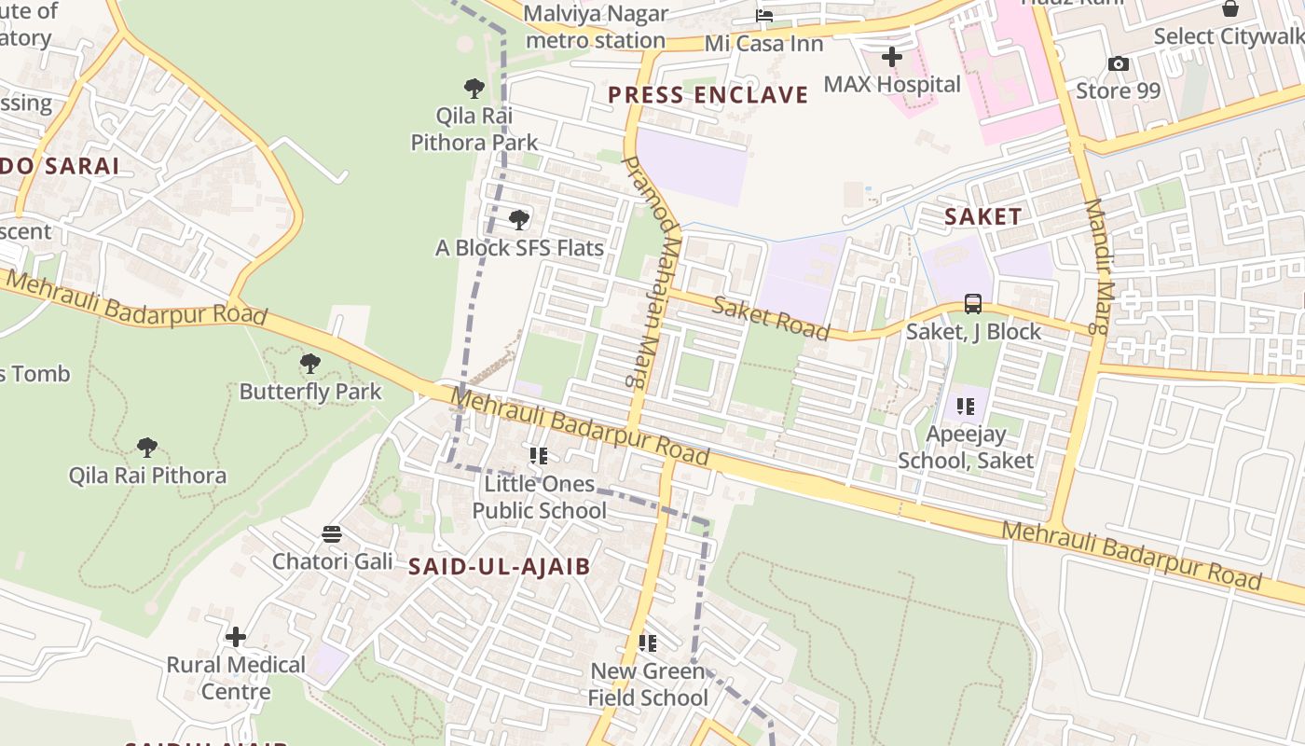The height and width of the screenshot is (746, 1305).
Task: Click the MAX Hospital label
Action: point(892,85)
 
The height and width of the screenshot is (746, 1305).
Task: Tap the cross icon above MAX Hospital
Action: point(892,57)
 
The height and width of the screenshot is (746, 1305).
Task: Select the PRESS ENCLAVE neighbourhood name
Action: point(708,95)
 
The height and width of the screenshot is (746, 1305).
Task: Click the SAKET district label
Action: point(983,217)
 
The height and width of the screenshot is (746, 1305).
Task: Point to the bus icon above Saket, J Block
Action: point(973,304)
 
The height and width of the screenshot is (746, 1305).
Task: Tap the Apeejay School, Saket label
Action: point(966,447)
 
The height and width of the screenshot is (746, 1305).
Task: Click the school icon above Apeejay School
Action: point(966,407)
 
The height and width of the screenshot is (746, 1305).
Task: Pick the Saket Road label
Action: point(771,318)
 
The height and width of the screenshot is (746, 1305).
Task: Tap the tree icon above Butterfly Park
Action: point(310,364)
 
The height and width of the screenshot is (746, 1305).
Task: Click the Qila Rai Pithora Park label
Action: point(474,130)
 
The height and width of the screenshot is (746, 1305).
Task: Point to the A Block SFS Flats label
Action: point(520,248)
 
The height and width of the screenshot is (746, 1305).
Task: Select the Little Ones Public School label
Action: point(539,497)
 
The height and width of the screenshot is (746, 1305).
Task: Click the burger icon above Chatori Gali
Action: point(332,534)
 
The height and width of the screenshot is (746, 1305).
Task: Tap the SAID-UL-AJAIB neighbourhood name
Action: point(500,566)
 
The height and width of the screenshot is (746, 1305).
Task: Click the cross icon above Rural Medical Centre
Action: point(237,637)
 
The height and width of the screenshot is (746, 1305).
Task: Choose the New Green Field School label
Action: point(648,684)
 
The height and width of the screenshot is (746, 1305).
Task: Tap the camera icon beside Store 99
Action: point(1119,64)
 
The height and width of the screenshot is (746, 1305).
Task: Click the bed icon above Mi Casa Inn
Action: point(764,16)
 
